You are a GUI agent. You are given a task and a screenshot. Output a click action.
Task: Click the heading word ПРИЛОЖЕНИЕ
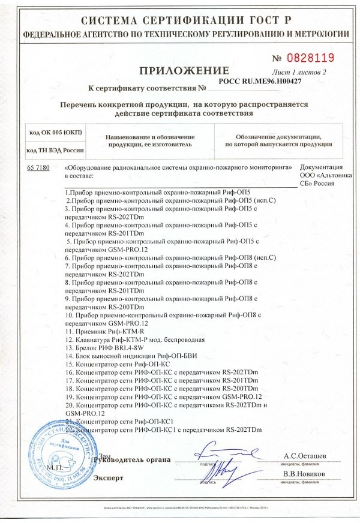[x=180, y=71]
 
